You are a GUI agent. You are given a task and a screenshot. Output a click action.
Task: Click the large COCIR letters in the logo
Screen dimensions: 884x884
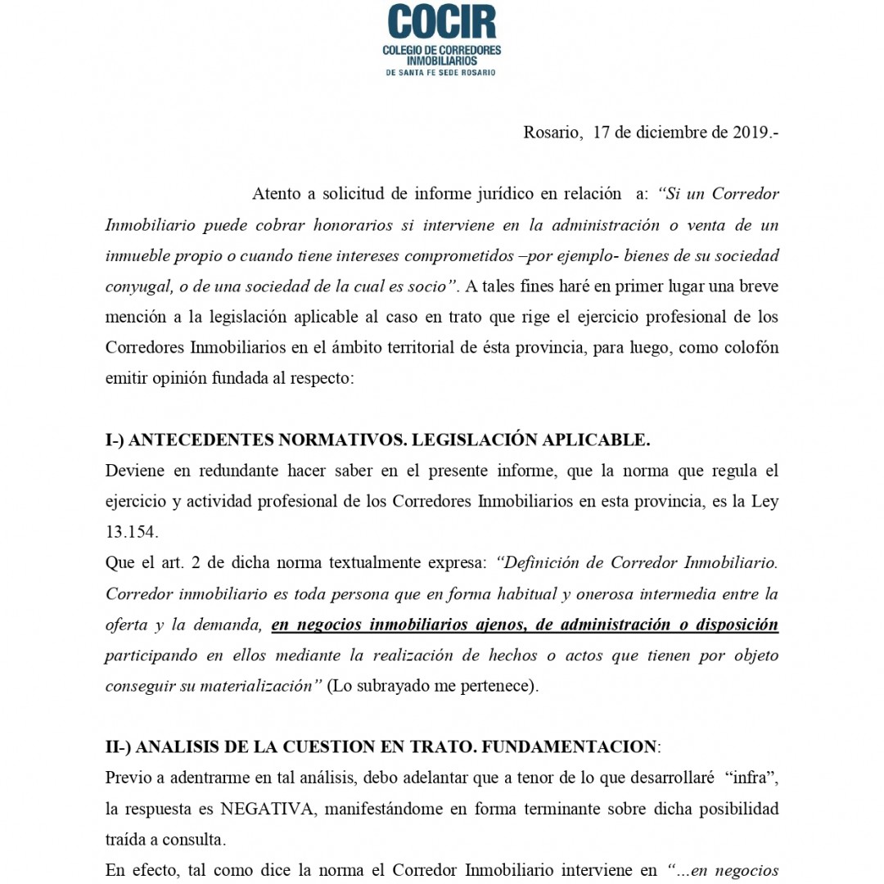point(442,22)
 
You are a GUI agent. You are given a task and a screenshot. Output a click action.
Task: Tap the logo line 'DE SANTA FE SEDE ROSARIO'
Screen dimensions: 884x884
point(442,72)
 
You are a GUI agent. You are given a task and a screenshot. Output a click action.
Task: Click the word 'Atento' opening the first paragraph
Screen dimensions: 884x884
point(277,194)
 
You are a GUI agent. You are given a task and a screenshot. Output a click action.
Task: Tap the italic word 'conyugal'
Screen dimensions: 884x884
point(134,286)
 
